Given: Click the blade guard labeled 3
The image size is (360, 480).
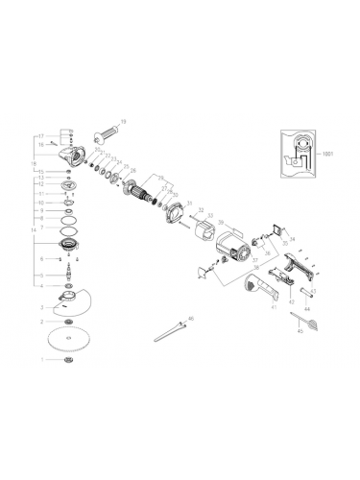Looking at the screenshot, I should click(67, 303).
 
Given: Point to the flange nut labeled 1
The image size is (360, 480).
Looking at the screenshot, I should click(68, 361).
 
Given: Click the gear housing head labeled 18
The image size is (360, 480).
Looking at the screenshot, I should click(74, 146).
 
